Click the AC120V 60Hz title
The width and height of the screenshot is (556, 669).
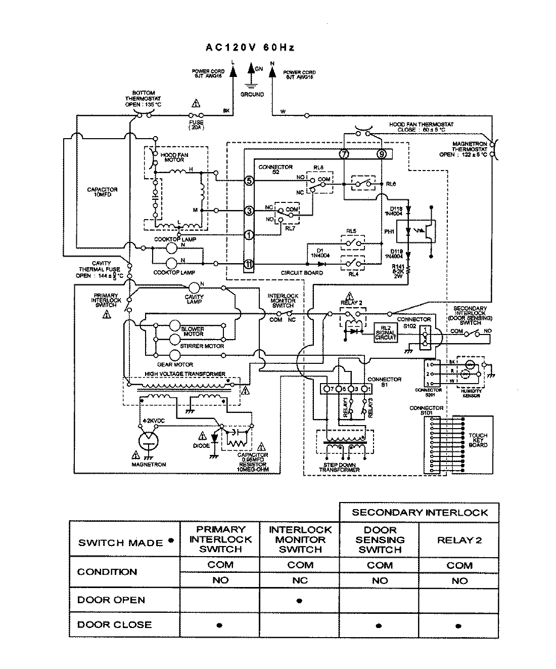(x=250, y=48)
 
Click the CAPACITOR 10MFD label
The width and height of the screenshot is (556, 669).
(x=102, y=192)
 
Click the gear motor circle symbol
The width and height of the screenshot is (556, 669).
(x=175, y=355)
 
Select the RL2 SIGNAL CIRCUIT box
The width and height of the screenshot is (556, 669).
(x=385, y=332)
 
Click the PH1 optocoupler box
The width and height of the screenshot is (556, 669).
(x=416, y=231)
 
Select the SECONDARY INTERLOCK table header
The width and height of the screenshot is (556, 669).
(x=420, y=512)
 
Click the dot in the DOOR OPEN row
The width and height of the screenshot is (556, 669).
(x=300, y=601)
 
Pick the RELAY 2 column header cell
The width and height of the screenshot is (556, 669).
(x=459, y=540)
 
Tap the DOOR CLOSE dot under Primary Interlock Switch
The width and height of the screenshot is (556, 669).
(x=219, y=625)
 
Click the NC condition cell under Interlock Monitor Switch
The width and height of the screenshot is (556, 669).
(x=300, y=580)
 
